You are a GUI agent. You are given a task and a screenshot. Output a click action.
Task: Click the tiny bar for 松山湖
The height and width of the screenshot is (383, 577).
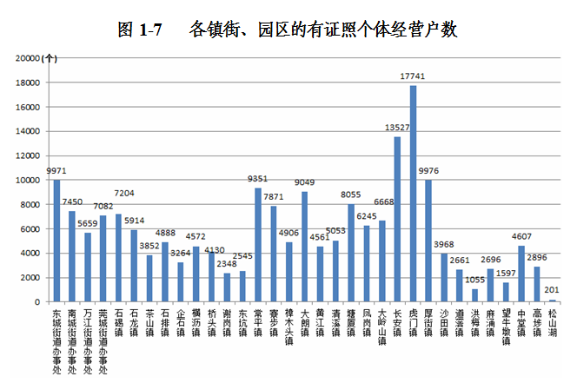553,300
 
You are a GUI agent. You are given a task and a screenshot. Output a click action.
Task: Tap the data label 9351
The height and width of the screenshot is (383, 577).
258,180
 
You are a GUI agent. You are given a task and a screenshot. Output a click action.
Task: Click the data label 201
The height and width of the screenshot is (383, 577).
553,291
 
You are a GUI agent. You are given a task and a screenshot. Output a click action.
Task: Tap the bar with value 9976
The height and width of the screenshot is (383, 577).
428,241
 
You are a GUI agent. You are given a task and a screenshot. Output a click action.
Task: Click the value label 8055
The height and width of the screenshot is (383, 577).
351,195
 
